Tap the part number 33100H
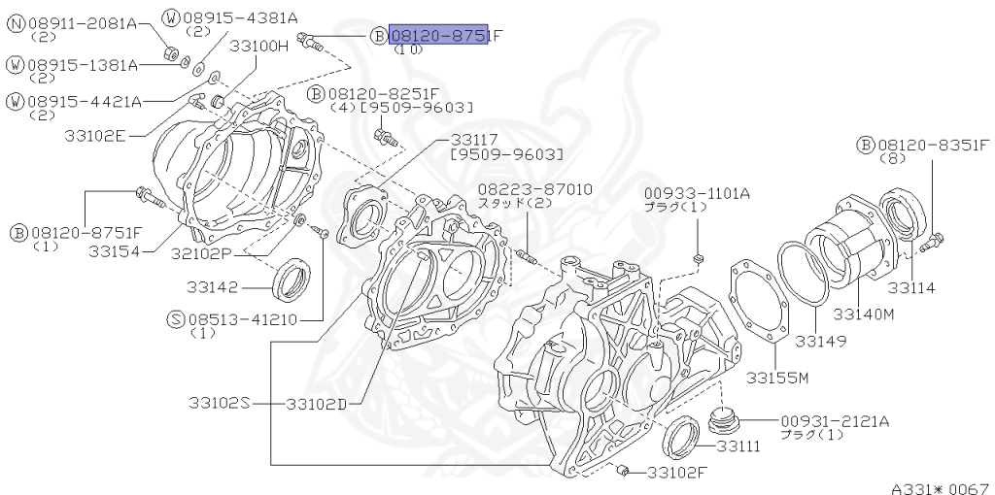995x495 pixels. point(259,46)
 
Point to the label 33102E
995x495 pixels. point(95,135)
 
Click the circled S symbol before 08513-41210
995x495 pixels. point(176,318)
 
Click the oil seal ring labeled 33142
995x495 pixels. point(292,279)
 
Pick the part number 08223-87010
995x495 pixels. point(534,188)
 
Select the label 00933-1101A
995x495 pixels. point(697,193)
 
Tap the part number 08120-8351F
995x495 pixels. point(932,146)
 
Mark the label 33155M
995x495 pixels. point(778,377)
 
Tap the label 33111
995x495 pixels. point(739,446)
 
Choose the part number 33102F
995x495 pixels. point(678,473)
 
